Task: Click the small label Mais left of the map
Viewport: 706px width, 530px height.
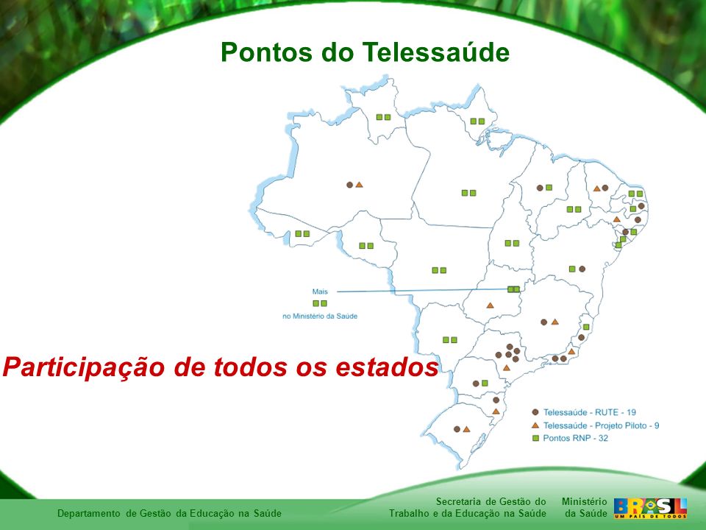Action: click(x=320, y=291)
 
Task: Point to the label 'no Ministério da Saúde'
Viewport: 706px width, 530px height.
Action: click(x=320, y=317)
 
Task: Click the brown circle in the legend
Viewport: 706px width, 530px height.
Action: click(x=535, y=412)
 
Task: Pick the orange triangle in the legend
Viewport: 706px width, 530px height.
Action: click(x=535, y=425)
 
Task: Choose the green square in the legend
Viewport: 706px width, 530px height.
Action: click(x=535, y=438)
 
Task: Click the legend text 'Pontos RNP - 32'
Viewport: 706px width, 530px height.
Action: click(x=575, y=438)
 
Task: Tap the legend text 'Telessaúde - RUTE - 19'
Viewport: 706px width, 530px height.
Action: click(x=589, y=412)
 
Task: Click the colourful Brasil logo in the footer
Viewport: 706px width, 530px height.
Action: click(x=650, y=509)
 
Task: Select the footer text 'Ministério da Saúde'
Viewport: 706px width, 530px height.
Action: click(x=584, y=507)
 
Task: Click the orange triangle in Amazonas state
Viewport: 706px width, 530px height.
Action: click(x=359, y=185)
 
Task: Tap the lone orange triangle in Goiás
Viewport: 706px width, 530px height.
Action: click(x=490, y=305)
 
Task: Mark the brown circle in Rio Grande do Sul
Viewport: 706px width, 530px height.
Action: click(x=457, y=429)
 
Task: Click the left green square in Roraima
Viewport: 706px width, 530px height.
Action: click(x=379, y=117)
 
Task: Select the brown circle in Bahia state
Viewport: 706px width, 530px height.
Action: click(x=582, y=269)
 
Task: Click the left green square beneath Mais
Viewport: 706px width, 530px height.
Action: click(x=315, y=303)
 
